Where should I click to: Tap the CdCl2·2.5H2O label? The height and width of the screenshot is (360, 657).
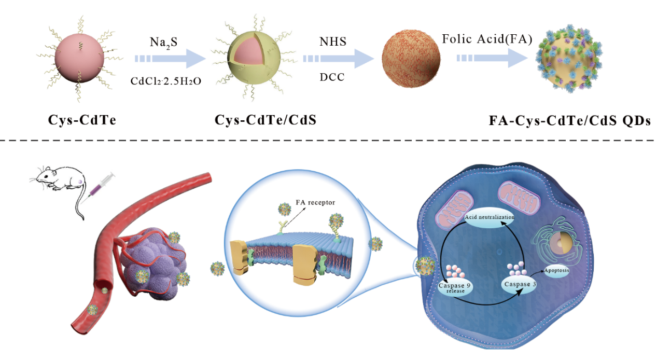click(x=166, y=81)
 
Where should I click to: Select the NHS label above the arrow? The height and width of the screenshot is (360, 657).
click(x=332, y=41)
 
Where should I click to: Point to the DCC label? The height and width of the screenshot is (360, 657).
click(x=332, y=77)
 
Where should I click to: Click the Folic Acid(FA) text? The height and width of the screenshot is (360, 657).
click(x=487, y=39)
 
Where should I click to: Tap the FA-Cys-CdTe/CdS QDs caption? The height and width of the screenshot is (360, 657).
click(x=569, y=121)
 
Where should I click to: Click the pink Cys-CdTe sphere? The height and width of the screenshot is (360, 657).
click(x=77, y=58)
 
